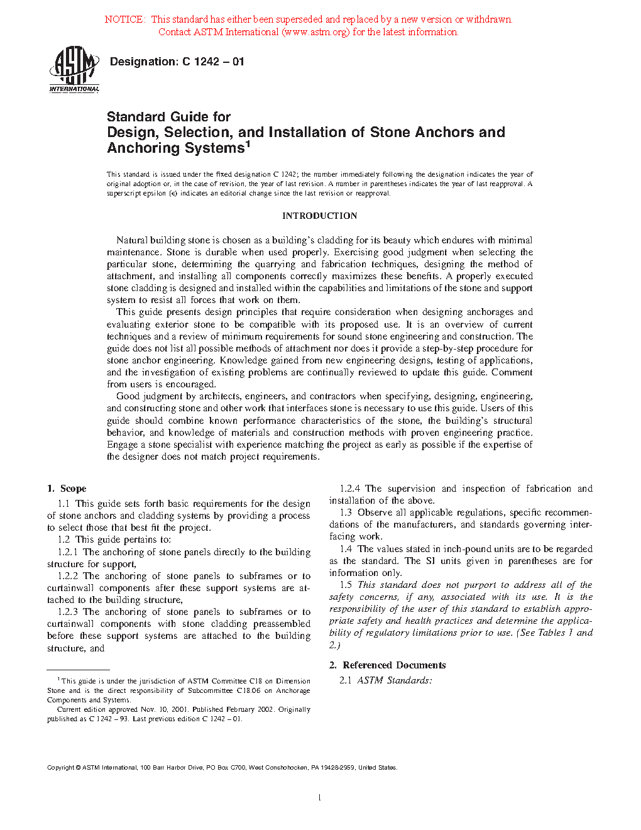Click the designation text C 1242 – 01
(x=213, y=62)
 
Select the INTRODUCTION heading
(x=319, y=216)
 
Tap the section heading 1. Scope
(x=67, y=489)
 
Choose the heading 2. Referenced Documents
(x=388, y=665)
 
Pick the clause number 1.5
(x=346, y=585)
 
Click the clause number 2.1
(x=346, y=680)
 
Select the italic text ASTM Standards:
(x=395, y=680)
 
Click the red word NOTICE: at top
(x=125, y=19)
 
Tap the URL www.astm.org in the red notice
(x=315, y=32)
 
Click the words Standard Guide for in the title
(x=168, y=117)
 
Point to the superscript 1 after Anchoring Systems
(x=248, y=144)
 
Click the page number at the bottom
(x=320, y=798)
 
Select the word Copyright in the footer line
(x=60, y=768)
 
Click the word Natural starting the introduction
(x=132, y=240)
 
